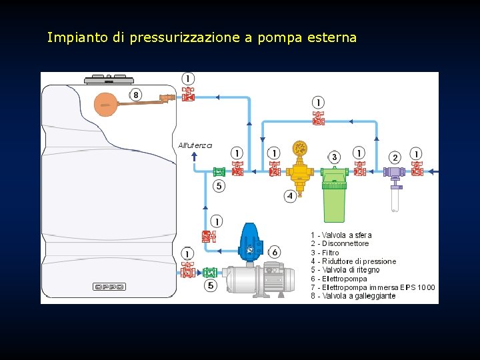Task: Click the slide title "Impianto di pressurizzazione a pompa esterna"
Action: [x=201, y=38]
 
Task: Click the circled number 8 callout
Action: [x=135, y=95]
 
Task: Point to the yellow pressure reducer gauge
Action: [x=300, y=147]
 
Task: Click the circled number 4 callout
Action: [x=290, y=196]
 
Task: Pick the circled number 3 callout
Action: [x=335, y=157]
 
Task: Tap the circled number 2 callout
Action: [x=395, y=157]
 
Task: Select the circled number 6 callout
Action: [x=275, y=252]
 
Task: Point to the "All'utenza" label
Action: [x=195, y=145]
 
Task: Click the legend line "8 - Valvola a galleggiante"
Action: [x=353, y=296]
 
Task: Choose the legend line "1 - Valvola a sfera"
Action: [x=341, y=235]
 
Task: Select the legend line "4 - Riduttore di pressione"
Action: [x=353, y=261]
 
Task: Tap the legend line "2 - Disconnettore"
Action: [x=339, y=244]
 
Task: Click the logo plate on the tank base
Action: [x=109, y=287]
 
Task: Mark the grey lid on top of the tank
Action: [x=109, y=80]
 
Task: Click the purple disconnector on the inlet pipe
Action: [x=395, y=172]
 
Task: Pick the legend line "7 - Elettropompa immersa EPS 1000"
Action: [x=372, y=287]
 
